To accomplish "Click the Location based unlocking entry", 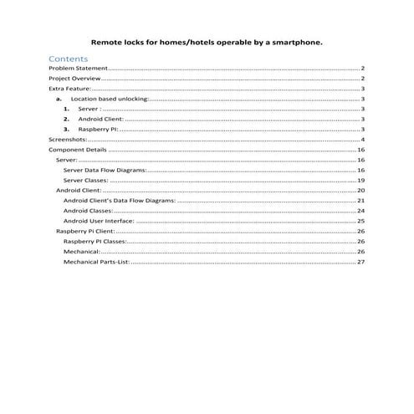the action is point(110,99).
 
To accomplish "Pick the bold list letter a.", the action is point(59,99).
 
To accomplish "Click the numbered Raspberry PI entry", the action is point(98,129).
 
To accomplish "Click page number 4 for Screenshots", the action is point(362,139).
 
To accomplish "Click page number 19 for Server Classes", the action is point(360,180).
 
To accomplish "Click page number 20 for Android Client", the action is point(360,190).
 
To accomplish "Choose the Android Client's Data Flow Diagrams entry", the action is point(120,201).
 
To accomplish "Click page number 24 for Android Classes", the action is point(360,211).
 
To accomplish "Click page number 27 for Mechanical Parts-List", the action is point(360,262).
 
